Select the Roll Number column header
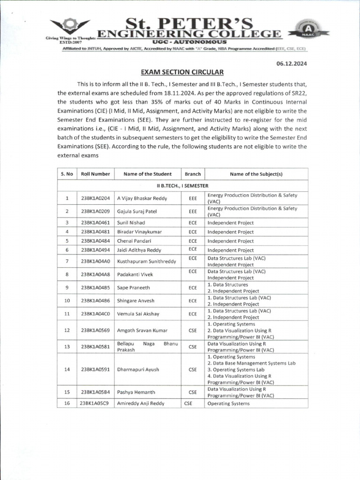[95, 174]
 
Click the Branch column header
[193, 174]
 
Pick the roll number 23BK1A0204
[95, 198]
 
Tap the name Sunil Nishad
[131, 223]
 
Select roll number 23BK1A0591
[95, 369]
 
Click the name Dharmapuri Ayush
[138, 369]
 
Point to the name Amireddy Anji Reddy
[141, 403]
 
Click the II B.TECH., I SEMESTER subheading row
[182, 186]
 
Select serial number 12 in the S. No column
[67, 330]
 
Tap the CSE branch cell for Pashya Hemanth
[193, 392]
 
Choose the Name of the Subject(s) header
[256, 174]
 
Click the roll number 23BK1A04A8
[95, 274]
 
